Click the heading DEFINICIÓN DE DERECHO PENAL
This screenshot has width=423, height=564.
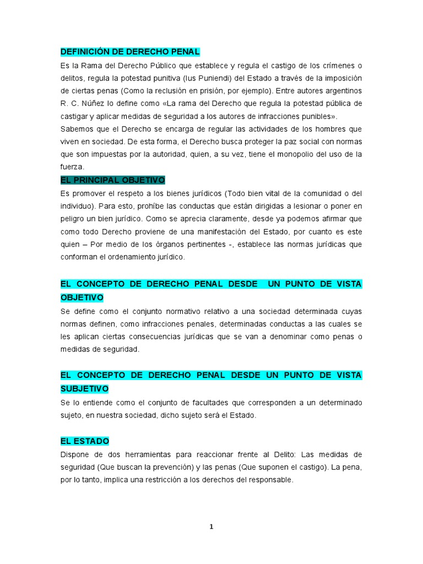130,52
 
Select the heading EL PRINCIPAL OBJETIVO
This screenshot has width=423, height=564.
113,180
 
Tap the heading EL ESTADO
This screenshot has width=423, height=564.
85,441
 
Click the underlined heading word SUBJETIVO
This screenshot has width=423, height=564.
85,389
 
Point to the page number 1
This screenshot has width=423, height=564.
211,527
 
